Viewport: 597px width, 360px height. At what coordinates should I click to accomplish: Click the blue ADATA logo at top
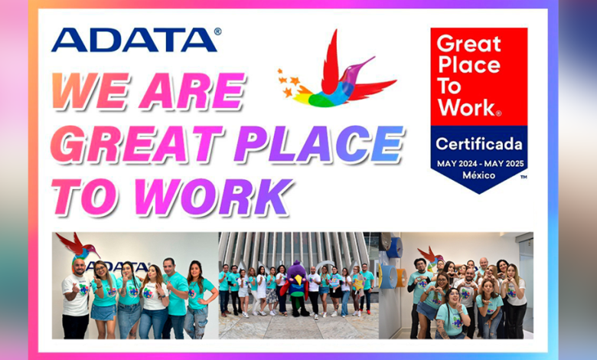click(134, 40)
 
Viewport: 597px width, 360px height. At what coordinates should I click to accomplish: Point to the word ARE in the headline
click(191, 90)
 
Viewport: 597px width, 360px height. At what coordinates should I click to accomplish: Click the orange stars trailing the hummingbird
click(291, 82)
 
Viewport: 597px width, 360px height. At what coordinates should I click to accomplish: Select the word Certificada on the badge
click(479, 144)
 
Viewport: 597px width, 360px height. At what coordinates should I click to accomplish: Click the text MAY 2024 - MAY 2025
click(480, 164)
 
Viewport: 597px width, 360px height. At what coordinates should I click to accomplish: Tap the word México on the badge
click(478, 175)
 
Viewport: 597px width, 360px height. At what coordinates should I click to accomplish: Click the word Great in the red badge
click(468, 44)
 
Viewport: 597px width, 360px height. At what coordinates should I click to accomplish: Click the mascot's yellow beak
click(299, 280)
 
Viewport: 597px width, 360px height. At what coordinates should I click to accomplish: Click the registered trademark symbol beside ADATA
click(218, 31)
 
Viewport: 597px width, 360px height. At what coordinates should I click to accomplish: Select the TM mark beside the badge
click(524, 177)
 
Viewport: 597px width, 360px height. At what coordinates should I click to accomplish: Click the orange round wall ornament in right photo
click(401, 278)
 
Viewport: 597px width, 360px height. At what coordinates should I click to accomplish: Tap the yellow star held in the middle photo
click(358, 284)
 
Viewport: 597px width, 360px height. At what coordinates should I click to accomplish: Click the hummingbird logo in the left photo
click(77, 247)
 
